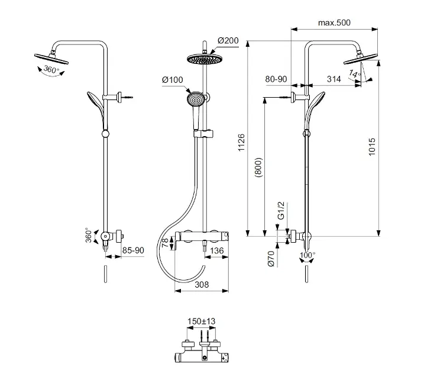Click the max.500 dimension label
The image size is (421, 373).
(x=334, y=22)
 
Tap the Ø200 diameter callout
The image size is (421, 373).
(x=228, y=41)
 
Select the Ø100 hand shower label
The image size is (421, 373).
(x=173, y=80)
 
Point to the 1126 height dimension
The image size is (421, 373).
(x=241, y=142)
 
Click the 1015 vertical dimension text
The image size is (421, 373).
(x=371, y=147)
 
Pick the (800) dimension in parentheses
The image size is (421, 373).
(x=258, y=168)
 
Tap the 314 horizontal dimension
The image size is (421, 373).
(x=333, y=79)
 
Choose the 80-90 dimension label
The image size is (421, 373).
(x=276, y=79)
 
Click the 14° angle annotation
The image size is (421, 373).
(x=355, y=73)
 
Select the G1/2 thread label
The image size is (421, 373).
(x=281, y=211)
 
